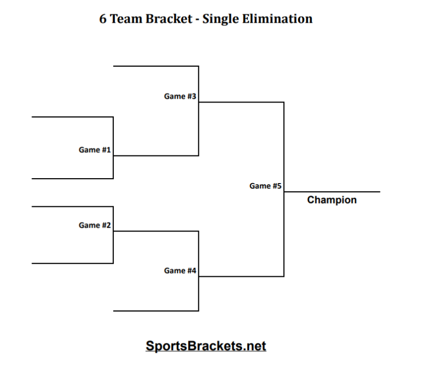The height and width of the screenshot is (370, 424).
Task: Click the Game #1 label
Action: point(94,150)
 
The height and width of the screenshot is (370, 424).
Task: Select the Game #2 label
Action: point(94,225)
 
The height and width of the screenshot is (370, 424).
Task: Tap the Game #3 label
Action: point(180,96)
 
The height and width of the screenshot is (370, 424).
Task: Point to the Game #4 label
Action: point(180,271)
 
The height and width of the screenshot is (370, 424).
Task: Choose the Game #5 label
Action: point(266,186)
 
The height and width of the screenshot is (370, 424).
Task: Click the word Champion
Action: point(332,200)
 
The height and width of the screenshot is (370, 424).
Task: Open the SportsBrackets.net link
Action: point(206,346)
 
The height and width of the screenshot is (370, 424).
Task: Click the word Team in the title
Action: point(128,19)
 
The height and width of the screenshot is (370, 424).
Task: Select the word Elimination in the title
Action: point(277,19)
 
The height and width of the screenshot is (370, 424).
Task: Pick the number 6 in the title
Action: point(103,19)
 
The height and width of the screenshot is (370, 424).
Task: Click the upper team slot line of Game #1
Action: point(72,117)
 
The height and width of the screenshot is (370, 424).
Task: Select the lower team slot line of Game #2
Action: point(72,264)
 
